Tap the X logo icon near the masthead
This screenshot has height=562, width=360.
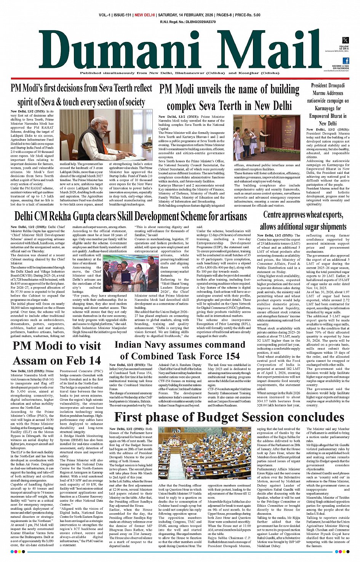click(345, 40)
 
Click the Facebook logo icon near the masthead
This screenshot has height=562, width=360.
click(346, 61)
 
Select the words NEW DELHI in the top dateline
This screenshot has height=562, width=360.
click(145, 15)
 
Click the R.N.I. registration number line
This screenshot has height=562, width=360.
click(188, 22)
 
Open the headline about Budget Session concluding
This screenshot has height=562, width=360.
click(229, 417)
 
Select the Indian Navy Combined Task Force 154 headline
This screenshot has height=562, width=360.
click(180, 350)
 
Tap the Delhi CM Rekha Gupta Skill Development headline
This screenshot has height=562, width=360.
click(131, 216)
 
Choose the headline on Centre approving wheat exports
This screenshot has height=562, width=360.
click(303, 220)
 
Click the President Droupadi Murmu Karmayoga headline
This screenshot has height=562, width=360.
click(328, 104)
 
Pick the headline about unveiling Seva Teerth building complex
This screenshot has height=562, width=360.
click(229, 97)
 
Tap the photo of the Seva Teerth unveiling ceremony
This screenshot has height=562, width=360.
click(267, 138)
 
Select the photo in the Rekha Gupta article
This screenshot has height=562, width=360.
click(131, 273)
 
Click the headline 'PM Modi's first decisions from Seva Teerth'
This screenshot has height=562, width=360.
click(81, 95)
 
